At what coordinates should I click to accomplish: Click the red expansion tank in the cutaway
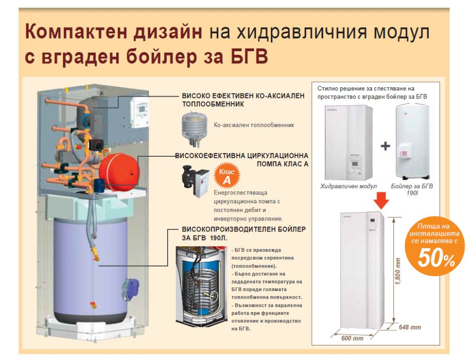[119, 172]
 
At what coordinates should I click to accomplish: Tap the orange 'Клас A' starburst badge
[227, 176]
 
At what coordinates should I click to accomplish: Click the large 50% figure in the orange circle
[437, 258]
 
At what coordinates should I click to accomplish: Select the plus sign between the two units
[385, 146]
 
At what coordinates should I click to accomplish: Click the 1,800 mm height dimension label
[398, 271]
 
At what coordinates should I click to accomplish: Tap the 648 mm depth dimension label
[410, 327]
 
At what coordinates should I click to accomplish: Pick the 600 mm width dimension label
[352, 338]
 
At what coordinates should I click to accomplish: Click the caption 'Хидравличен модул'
[348, 186]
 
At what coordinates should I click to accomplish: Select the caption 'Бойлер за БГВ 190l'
[412, 190]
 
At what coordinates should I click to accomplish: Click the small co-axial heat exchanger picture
[194, 129]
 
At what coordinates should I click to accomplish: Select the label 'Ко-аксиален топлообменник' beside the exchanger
[254, 125]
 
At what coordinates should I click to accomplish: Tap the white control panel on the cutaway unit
[139, 114]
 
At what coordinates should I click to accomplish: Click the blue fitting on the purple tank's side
[131, 288]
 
